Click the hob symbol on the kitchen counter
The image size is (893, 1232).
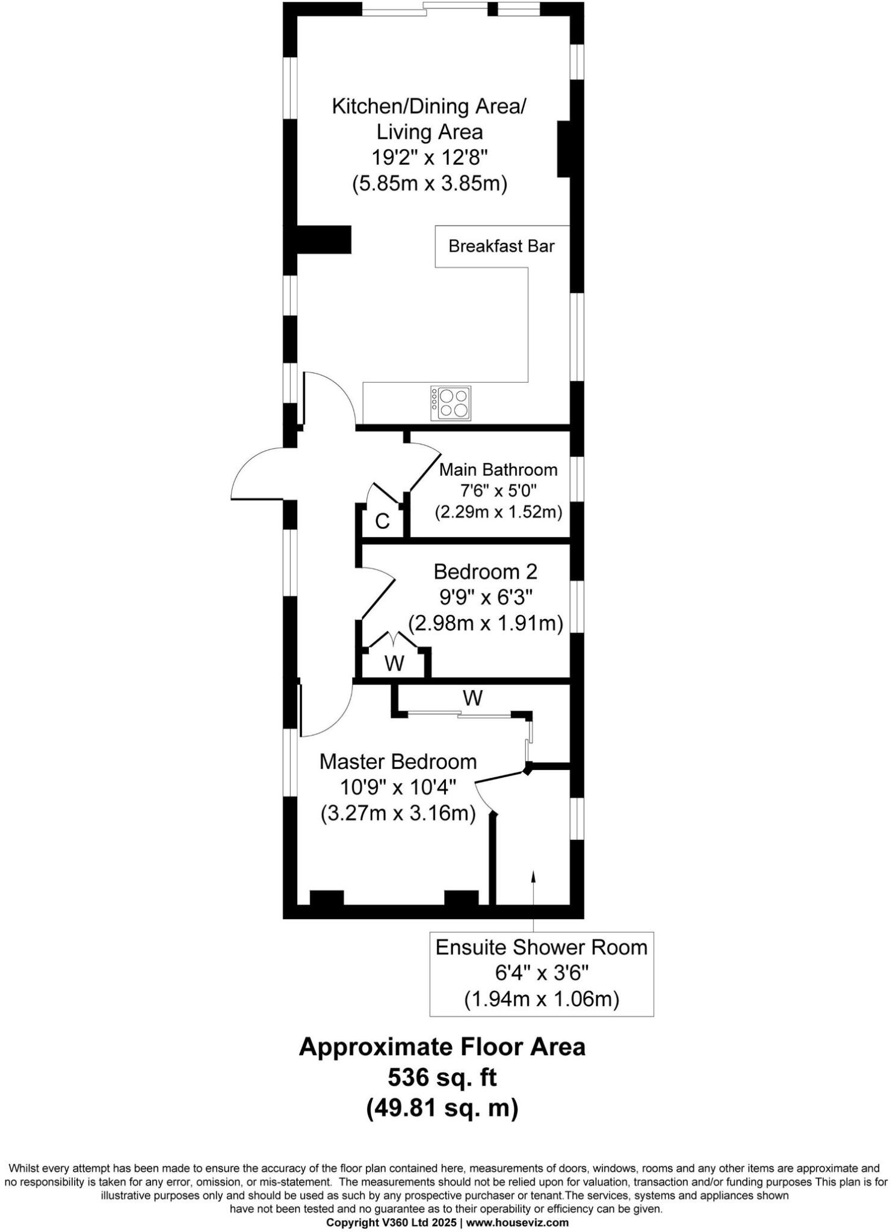click(x=451, y=404)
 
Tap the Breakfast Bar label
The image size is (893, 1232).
click(x=501, y=246)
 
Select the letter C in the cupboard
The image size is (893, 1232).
click(x=382, y=522)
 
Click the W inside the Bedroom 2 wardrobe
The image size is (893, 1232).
click(x=394, y=664)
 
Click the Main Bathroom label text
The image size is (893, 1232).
click(x=498, y=469)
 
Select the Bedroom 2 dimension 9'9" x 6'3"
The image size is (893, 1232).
click(x=486, y=597)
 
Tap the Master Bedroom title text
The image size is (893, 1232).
click(x=398, y=762)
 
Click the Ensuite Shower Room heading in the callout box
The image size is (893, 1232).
click(x=541, y=947)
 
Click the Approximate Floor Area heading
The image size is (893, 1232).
click(x=442, y=1047)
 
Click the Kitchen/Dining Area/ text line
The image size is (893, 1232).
click(x=429, y=106)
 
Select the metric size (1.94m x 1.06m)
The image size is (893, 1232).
click(x=541, y=999)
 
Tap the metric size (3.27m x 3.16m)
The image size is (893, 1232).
click(x=398, y=813)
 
